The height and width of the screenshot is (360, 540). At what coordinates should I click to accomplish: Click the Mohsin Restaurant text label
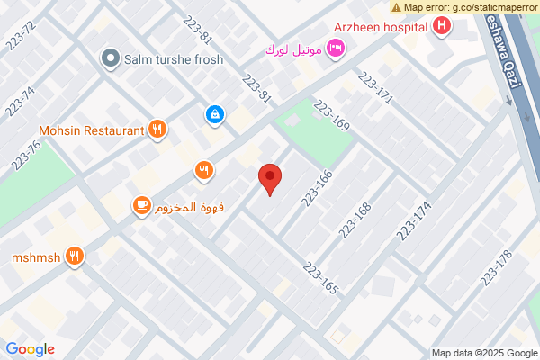pos(91,130)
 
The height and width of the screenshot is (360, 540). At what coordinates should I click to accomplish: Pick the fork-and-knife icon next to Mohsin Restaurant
pos(157,130)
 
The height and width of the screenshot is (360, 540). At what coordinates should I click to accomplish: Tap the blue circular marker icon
pos(215,114)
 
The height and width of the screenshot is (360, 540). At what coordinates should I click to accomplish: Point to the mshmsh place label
pos(36,256)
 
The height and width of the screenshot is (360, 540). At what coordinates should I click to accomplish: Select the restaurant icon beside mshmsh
pos(76,256)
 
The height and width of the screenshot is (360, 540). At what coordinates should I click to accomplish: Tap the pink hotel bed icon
pos(335,47)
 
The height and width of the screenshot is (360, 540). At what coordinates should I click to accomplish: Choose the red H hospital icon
pos(442,26)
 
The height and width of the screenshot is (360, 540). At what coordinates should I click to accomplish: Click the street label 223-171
pos(376,90)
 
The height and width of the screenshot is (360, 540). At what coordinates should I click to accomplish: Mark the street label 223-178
pos(496,267)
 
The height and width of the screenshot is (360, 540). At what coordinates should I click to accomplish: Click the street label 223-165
pos(320,278)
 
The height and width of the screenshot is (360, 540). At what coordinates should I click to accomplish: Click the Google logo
pos(30,349)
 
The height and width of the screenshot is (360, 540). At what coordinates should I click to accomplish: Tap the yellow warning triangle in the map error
pos(397,7)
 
